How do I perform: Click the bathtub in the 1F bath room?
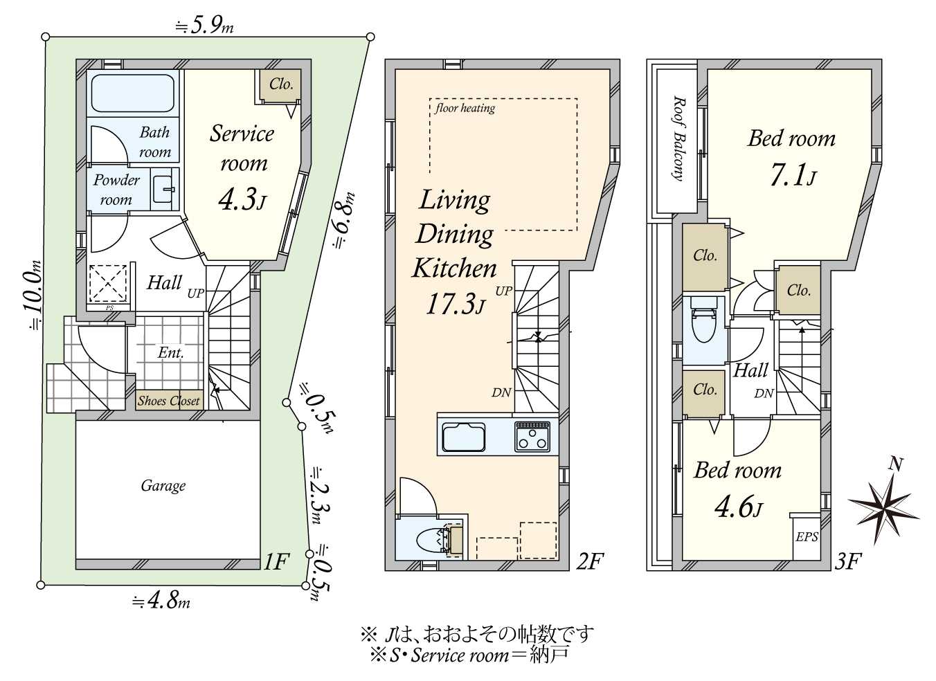tap(132, 93)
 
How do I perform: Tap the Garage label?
tap(163, 486)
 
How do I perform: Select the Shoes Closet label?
tap(169, 401)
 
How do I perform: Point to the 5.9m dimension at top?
tap(204, 27)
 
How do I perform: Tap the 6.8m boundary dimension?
tap(344, 220)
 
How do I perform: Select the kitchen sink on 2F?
tap(463, 437)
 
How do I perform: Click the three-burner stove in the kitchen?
tap(532, 436)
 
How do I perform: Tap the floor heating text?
tap(465, 108)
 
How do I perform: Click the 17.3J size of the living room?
tap(456, 304)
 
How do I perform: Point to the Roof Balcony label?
tap(678, 138)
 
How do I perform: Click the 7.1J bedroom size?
tap(793, 176)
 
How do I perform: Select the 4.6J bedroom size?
tap(739, 507)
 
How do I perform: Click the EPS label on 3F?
tap(807, 536)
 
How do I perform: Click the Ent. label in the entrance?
tap(170, 353)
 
